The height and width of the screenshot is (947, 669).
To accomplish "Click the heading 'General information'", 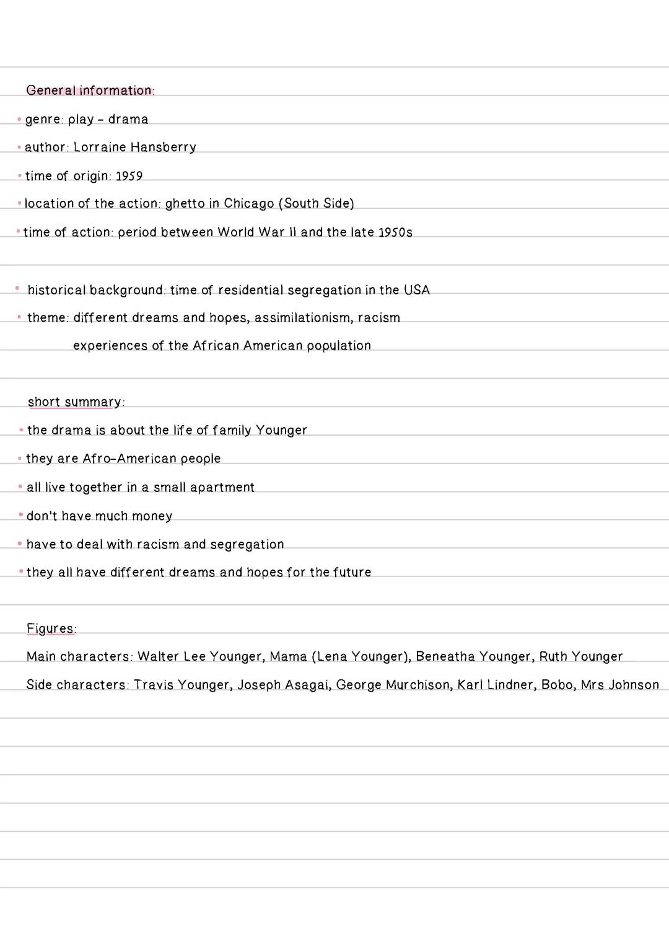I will point(89,90).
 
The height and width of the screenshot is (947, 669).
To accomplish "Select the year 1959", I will point(129,177).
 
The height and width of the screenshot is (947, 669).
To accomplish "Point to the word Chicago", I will point(248,204).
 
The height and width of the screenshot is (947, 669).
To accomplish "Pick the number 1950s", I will point(395,232).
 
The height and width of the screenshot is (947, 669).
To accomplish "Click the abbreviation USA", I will point(417,290).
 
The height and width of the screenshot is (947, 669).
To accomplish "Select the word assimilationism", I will point(302,318).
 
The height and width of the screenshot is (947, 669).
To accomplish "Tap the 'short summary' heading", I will point(75,402).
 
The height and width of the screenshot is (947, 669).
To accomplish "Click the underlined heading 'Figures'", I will point(50,628).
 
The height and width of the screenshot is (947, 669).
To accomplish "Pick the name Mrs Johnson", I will point(619,685).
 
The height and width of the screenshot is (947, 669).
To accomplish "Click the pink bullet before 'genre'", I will point(19,119).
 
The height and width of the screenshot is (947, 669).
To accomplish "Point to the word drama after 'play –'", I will point(128,119).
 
